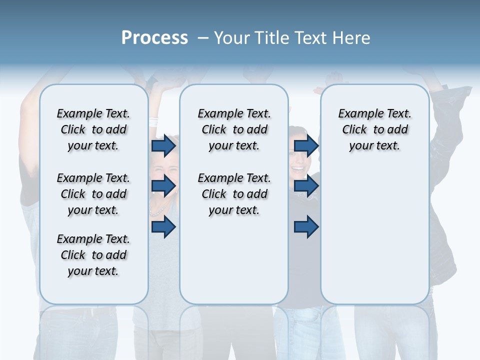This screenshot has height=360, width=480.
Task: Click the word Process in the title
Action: tap(154, 38)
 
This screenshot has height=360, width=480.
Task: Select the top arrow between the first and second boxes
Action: tap(163, 146)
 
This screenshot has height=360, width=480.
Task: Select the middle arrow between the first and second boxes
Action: tap(163, 186)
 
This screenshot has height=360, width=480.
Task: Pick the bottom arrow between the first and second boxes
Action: tap(163, 227)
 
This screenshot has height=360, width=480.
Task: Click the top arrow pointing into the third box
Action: tap(306, 146)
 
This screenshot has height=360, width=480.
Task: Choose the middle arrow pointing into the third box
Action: tap(306, 186)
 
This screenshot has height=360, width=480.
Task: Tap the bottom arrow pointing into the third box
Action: tap(306, 227)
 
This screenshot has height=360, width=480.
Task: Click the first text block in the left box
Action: tap(93, 129)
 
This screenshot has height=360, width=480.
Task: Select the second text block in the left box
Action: tap(93, 194)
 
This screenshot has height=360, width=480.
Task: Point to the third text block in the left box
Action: tap(93, 255)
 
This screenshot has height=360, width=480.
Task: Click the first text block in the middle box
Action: tap(234, 129)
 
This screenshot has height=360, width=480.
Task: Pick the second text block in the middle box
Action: tap(234, 194)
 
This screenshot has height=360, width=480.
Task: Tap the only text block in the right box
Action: tap(374, 129)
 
